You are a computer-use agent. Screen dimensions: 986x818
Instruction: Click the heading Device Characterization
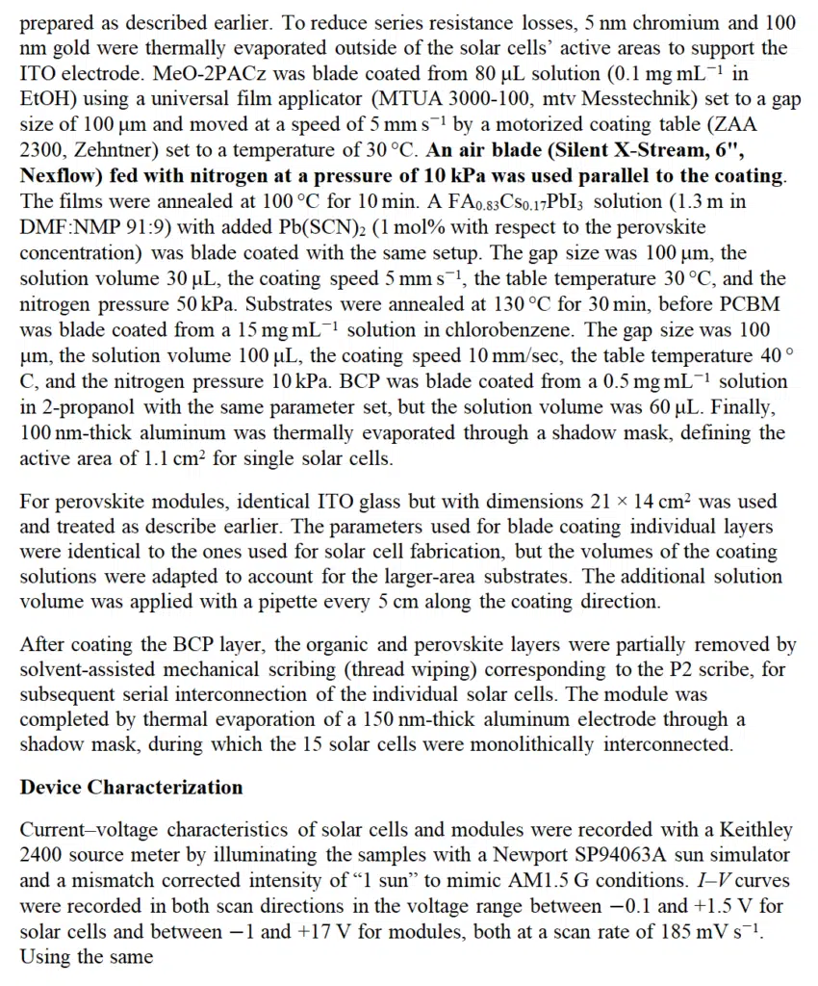131,787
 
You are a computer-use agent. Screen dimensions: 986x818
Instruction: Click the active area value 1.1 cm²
172,458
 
